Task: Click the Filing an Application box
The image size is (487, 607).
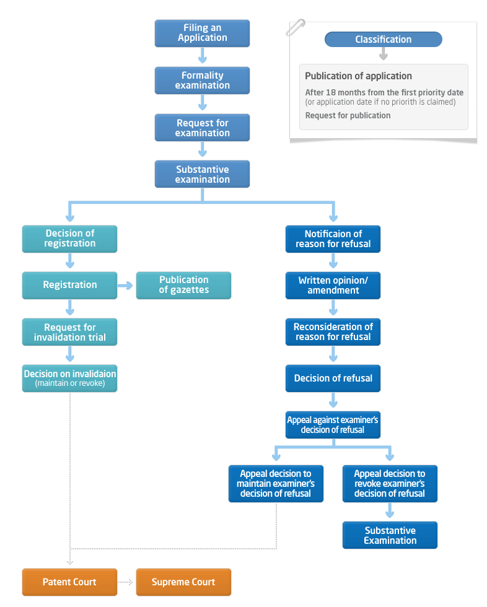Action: pos(202,33)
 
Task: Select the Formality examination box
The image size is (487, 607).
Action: pos(202,81)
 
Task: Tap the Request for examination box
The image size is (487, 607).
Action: pos(202,128)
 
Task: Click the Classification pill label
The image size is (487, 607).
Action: pos(384,40)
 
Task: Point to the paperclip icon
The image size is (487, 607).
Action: pos(296,27)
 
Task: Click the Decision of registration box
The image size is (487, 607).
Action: pos(69,239)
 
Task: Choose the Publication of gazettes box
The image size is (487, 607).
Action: pos(183,286)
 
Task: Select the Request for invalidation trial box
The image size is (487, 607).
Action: pos(69,332)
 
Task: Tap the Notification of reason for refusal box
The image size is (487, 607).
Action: pos(333,239)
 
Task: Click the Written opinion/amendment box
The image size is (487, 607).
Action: pos(333,286)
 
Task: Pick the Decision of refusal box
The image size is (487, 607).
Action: pos(333,378)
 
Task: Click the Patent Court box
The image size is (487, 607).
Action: pos(69,582)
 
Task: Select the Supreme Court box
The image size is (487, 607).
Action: pos(183,582)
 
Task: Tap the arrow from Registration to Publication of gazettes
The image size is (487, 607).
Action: pos(125,286)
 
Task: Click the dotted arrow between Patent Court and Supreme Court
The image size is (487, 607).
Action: pos(125,582)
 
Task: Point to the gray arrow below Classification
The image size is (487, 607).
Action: pos(384,54)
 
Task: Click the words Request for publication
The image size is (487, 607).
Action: pos(348,115)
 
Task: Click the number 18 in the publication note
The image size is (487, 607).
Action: pos(331,92)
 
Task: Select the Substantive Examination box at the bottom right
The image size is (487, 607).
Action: pos(390,535)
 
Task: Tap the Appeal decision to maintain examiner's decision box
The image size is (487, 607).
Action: pos(276,484)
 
